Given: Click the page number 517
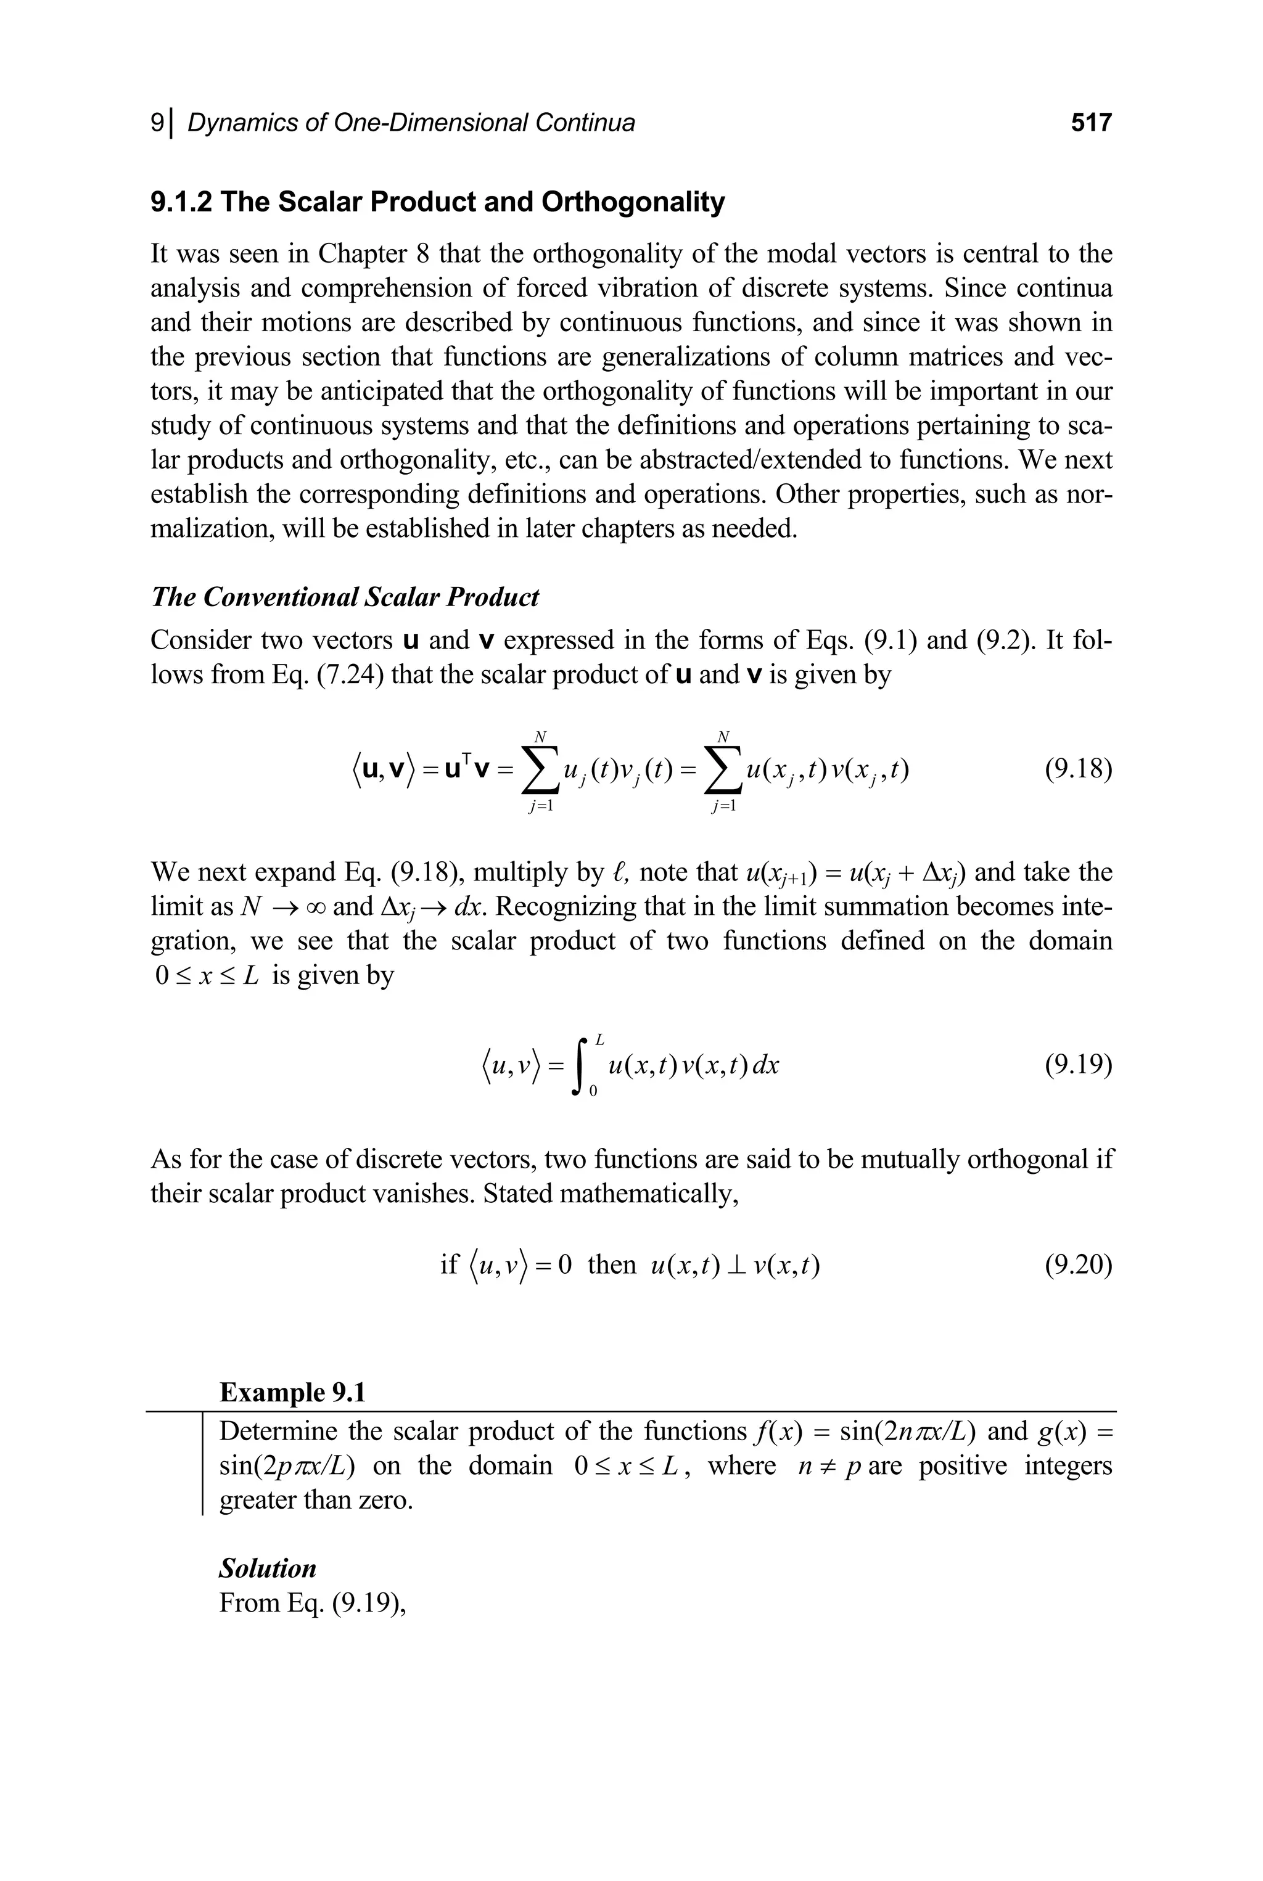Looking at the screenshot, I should point(1090,123).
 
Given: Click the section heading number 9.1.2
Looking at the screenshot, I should point(181,202).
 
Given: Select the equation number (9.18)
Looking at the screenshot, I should point(1078,770).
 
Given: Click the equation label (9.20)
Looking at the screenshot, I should point(1078,1265).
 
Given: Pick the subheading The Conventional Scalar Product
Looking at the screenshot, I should point(345,597).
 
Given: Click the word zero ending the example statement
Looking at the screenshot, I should point(384,1500).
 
